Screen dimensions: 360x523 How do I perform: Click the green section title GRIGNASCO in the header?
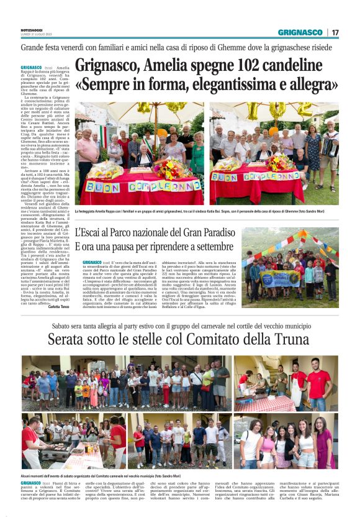point(300,32)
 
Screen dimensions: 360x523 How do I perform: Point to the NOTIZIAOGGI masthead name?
point(31,30)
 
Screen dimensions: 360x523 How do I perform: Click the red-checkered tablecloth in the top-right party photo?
point(260,404)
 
